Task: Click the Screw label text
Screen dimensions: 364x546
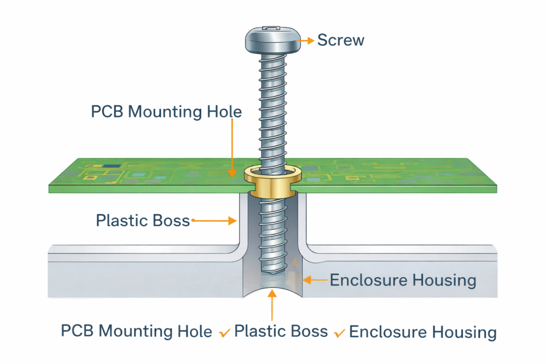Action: [x=341, y=39]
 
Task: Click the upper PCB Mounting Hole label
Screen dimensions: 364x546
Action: [x=166, y=112]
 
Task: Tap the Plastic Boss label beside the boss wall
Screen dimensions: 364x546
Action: [x=142, y=220]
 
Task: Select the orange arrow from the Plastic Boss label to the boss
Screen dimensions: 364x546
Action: [x=213, y=220]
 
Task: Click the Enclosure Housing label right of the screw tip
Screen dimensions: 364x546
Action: [x=403, y=280]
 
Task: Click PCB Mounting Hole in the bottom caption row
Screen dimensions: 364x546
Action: [x=136, y=331]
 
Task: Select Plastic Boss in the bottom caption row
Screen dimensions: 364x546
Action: [x=281, y=331]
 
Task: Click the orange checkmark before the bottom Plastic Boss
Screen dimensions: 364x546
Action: [x=224, y=334]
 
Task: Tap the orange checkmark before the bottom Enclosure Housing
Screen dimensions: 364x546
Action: [x=339, y=334]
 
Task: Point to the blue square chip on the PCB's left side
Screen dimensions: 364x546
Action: [x=112, y=166]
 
